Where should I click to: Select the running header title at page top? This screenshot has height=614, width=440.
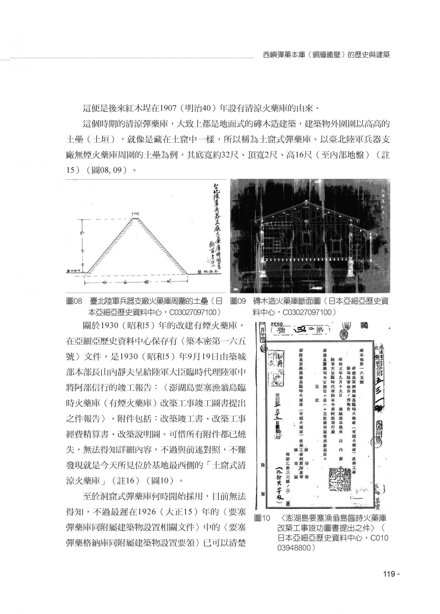(326, 55)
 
